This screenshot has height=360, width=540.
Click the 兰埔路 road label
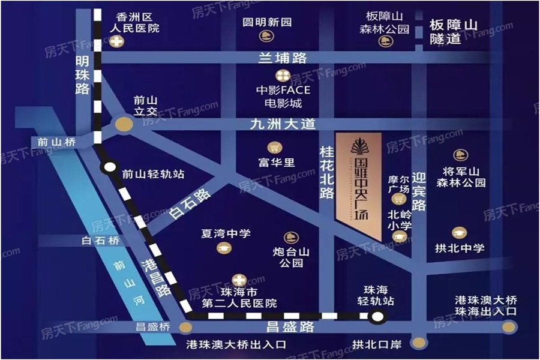click(x=283, y=58)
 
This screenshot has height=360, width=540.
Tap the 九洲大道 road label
click(x=283, y=125)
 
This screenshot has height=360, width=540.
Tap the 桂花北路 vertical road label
click(x=326, y=171)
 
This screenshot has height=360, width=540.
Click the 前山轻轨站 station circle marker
click(x=109, y=169)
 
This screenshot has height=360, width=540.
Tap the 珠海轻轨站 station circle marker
click(x=377, y=317)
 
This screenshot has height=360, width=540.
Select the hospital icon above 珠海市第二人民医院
click(x=238, y=280)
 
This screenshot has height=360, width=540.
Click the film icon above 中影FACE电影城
click(x=281, y=76)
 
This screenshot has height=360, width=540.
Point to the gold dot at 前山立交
click(x=124, y=124)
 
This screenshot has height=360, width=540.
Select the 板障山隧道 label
click(x=454, y=32)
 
